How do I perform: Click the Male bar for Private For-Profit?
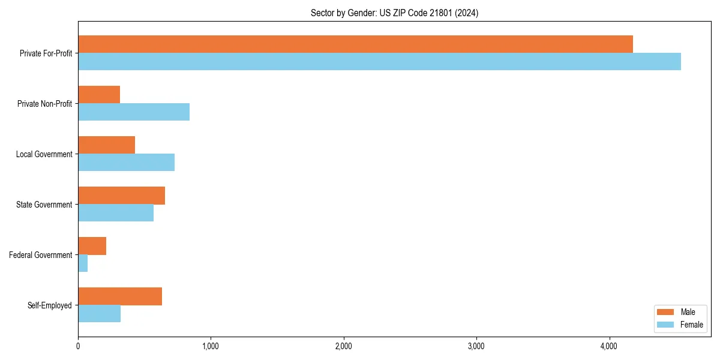tap(355, 44)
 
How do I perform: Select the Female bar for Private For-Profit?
tap(379, 61)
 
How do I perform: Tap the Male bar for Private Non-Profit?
tap(99, 94)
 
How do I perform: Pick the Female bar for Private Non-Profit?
tap(134, 112)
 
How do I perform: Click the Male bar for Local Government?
tap(106, 145)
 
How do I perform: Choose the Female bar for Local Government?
tap(126, 162)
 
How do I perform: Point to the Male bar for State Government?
tap(121, 195)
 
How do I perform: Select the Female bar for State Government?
tap(116, 212)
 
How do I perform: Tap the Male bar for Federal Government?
tap(92, 245)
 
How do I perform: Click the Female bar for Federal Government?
tap(83, 263)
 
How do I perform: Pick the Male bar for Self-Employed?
tap(120, 296)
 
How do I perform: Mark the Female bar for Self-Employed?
tap(99, 313)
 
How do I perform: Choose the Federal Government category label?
tap(40, 255)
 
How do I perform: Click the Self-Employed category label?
tap(49, 305)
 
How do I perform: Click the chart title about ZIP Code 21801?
tap(394, 13)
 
